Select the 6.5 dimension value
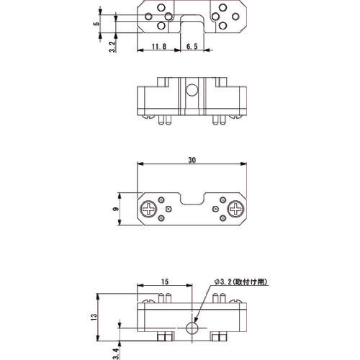[x=194, y=47]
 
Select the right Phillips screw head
[x=235, y=210]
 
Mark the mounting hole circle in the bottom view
[x=193, y=328]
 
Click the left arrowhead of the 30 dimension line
[x=139, y=164]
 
